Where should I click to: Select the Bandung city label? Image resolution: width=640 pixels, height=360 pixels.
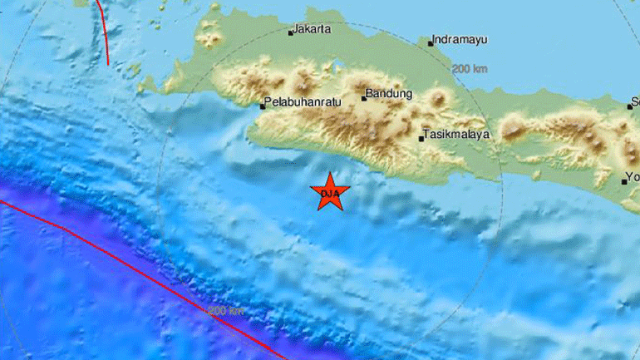click(x=389, y=94)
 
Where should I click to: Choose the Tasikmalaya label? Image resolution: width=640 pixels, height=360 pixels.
click(x=456, y=134)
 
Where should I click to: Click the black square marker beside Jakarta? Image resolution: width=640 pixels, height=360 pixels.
click(x=290, y=33)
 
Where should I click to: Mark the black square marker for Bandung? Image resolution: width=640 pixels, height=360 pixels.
click(x=363, y=98)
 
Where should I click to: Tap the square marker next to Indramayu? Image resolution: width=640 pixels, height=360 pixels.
click(x=431, y=43)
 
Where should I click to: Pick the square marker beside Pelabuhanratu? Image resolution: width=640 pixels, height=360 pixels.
click(x=262, y=106)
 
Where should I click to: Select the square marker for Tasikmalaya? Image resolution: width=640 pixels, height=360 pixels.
click(x=421, y=138)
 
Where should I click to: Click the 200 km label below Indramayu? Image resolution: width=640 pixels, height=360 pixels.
click(x=470, y=69)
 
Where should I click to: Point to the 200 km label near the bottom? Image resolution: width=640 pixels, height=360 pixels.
click(x=226, y=311)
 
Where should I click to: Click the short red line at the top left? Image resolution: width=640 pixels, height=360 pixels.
click(x=103, y=32)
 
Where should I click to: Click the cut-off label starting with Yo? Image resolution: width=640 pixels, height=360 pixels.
click(x=633, y=176)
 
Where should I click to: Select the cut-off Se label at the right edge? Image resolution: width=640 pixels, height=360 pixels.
click(x=634, y=104)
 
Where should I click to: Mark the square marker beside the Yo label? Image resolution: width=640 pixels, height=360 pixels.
click(x=624, y=180)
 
